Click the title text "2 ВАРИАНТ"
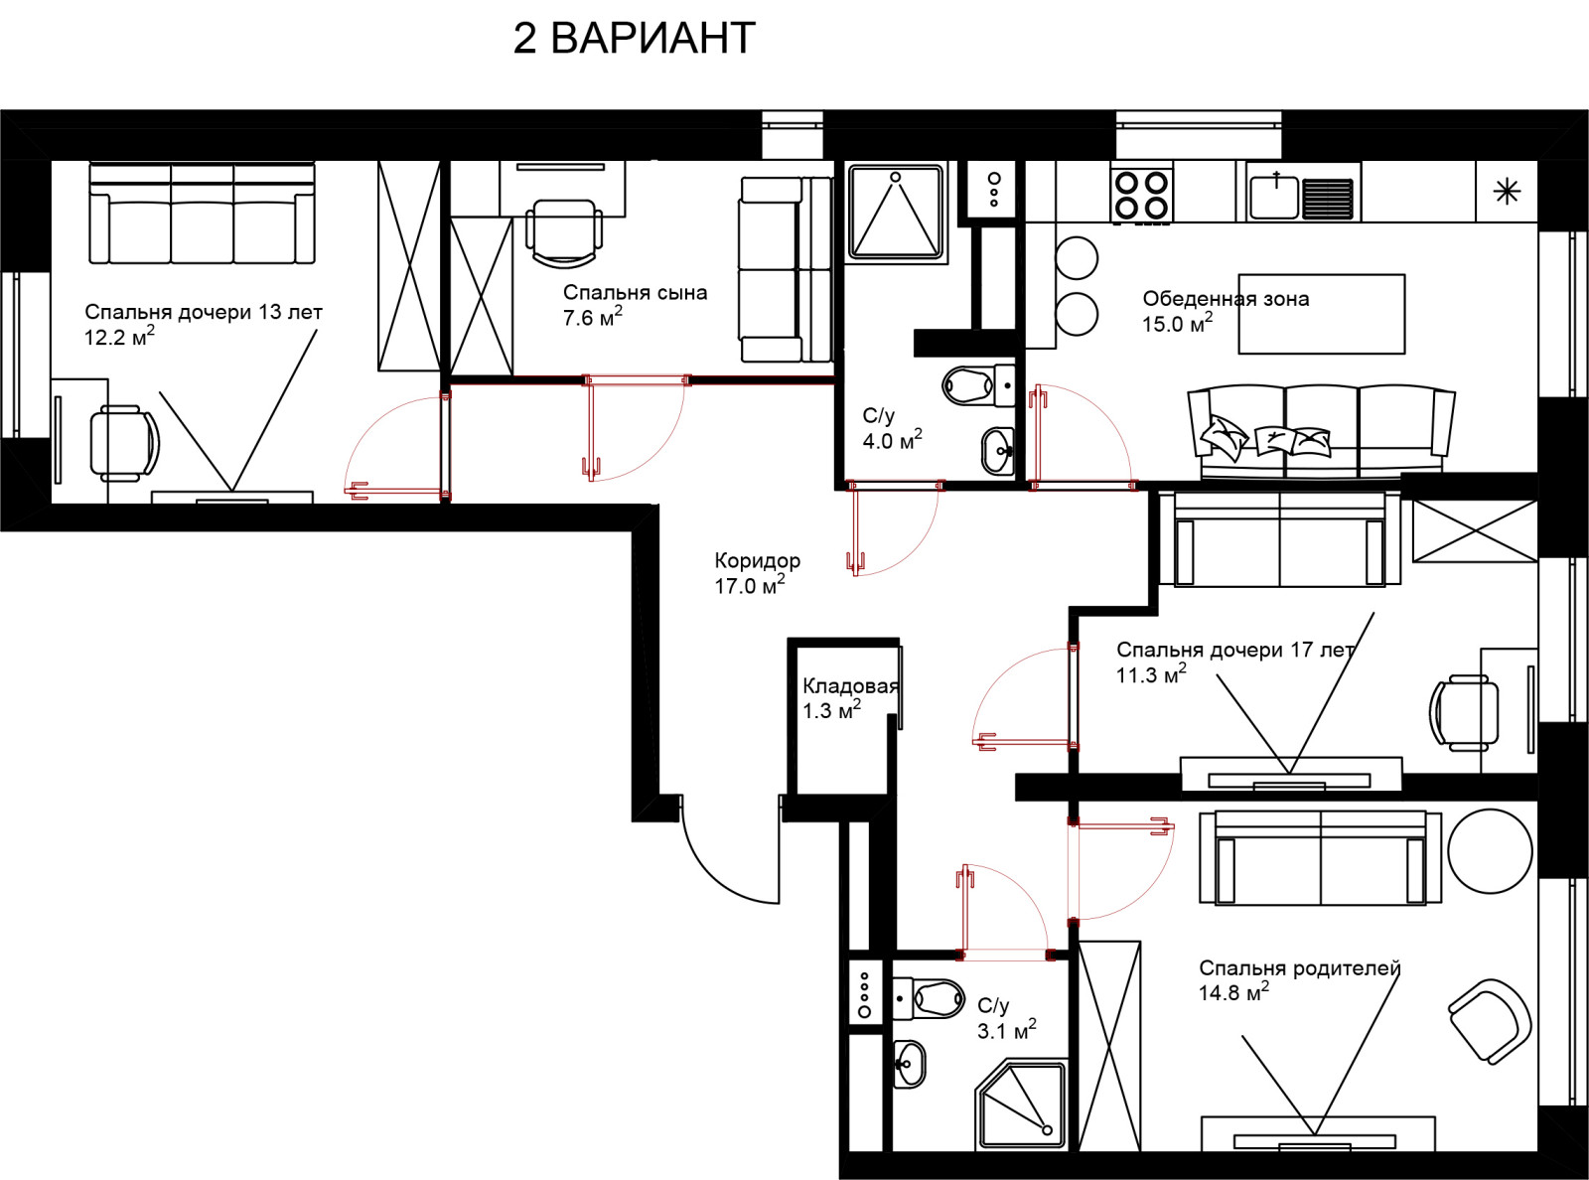pos(634,38)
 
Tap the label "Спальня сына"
pos(635,292)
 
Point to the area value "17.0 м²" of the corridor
pos(750,585)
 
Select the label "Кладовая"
pos(850,686)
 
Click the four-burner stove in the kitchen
pos(1142,194)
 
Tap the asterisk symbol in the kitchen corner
pos(1507,192)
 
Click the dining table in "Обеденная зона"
pos(1322,314)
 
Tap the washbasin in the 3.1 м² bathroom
pos(910,1063)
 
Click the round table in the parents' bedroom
pos(1490,851)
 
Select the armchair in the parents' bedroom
pos(1489,1021)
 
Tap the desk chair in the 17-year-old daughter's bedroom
pos(1464,713)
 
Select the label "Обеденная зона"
pos(1226,299)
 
